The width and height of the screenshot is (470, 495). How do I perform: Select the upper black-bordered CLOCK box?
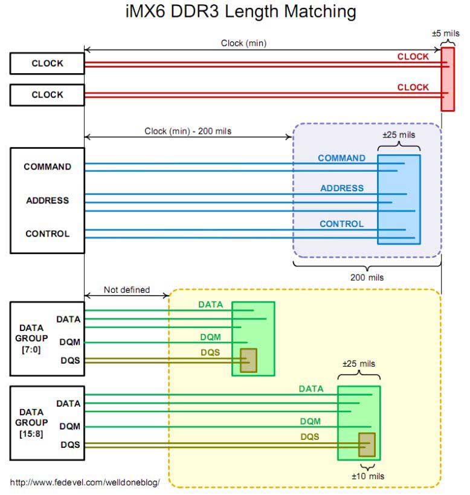pyautogui.click(x=47, y=64)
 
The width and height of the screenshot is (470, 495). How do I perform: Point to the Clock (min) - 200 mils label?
pyautogui.click(x=188, y=131)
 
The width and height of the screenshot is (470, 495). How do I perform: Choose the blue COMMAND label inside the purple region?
pyautogui.click(x=341, y=158)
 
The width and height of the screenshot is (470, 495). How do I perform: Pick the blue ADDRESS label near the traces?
pyautogui.click(x=342, y=188)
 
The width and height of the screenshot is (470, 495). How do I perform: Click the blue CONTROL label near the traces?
pyautogui.click(x=341, y=224)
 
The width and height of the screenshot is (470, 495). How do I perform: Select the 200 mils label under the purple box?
pyautogui.click(x=367, y=278)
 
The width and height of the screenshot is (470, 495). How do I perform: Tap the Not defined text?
pyautogui.click(x=126, y=290)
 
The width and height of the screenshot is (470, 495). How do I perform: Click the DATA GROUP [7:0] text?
pyautogui.click(x=31, y=338)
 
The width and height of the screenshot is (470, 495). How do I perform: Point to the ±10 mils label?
pyautogui.click(x=368, y=476)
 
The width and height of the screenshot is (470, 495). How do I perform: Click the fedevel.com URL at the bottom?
pyautogui.click(x=85, y=484)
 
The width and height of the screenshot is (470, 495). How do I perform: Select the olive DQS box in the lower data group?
pyautogui.click(x=367, y=445)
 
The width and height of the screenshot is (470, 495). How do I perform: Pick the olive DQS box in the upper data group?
pyautogui.click(x=248, y=360)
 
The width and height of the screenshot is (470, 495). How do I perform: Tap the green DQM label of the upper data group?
pyautogui.click(x=210, y=337)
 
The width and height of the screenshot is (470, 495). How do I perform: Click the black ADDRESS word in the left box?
pyautogui.click(x=47, y=200)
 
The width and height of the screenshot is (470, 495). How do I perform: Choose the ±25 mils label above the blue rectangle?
pyautogui.click(x=399, y=134)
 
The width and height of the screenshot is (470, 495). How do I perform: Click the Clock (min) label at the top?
pyautogui.click(x=244, y=43)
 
